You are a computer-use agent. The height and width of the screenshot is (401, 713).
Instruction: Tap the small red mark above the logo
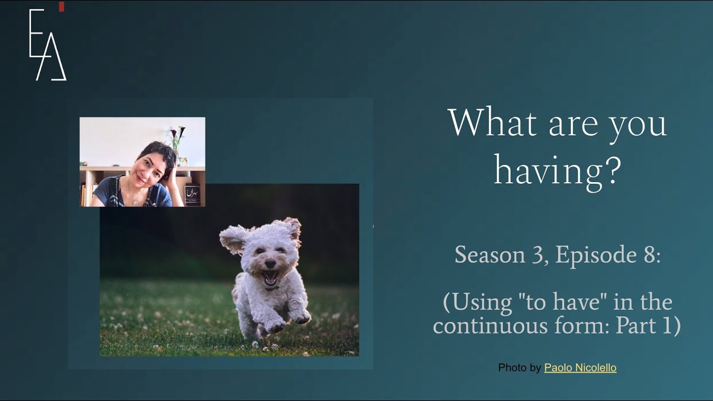(61, 6)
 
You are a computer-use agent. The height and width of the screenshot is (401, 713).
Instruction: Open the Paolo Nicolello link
(580, 368)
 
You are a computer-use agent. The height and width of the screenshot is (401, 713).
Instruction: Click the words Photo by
(519, 368)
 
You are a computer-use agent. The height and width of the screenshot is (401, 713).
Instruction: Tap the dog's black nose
(270, 262)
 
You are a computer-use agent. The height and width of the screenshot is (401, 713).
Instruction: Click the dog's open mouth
(270, 276)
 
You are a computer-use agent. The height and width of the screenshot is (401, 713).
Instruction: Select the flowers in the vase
(178, 134)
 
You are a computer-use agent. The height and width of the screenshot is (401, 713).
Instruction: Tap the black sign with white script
(192, 195)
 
